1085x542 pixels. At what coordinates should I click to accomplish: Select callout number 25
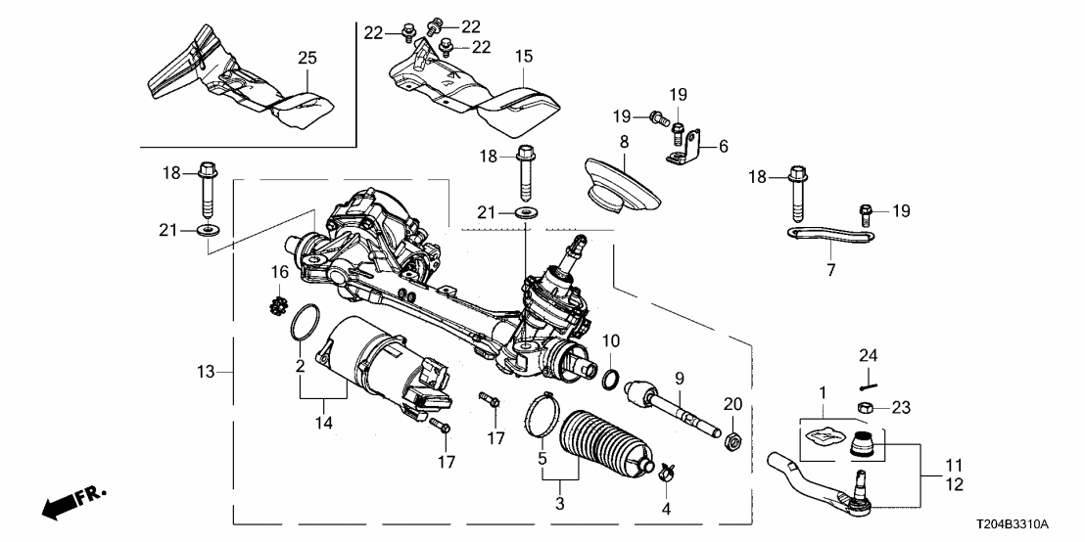pos(307,60)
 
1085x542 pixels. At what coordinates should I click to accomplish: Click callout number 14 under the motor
pos(324,423)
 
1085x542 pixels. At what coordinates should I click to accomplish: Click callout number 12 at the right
pos(953,485)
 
